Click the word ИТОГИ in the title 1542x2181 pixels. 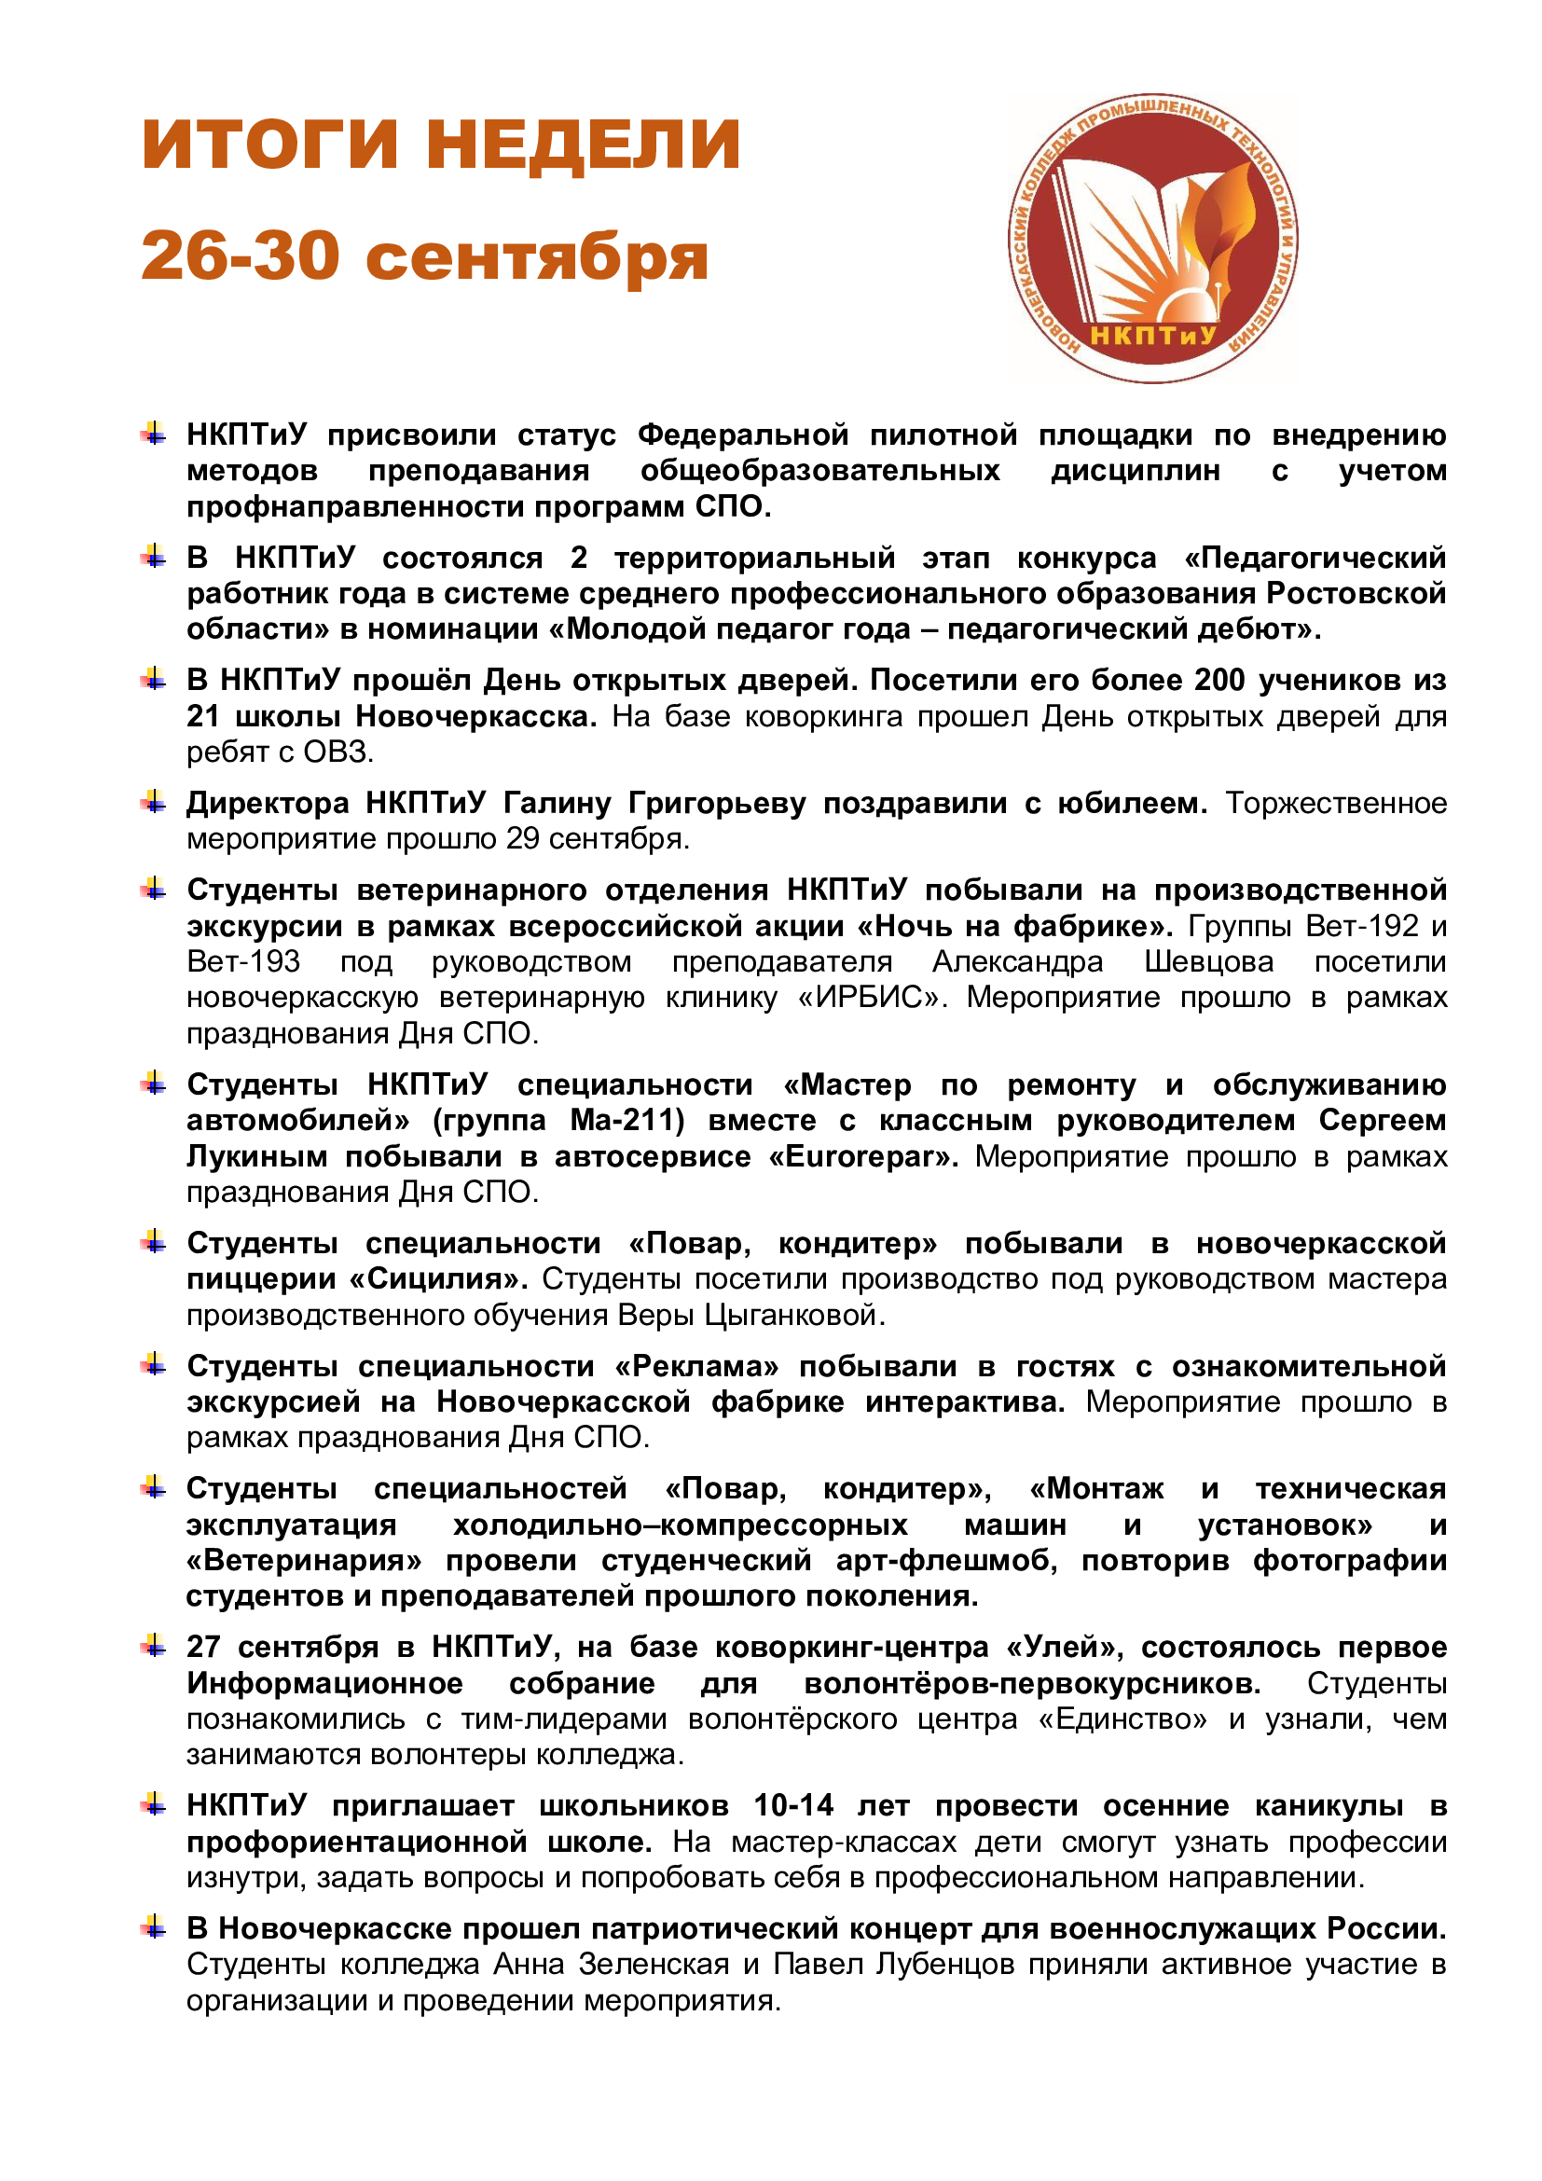pyautogui.click(x=269, y=145)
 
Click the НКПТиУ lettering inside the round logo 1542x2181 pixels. pyautogui.click(x=1152, y=336)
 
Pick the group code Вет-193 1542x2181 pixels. pyautogui.click(x=244, y=961)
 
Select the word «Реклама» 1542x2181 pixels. pyautogui.click(x=696, y=1366)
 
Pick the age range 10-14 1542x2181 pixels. pyautogui.click(x=793, y=1805)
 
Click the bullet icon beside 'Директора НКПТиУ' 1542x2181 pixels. pyautogui.click(x=154, y=804)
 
